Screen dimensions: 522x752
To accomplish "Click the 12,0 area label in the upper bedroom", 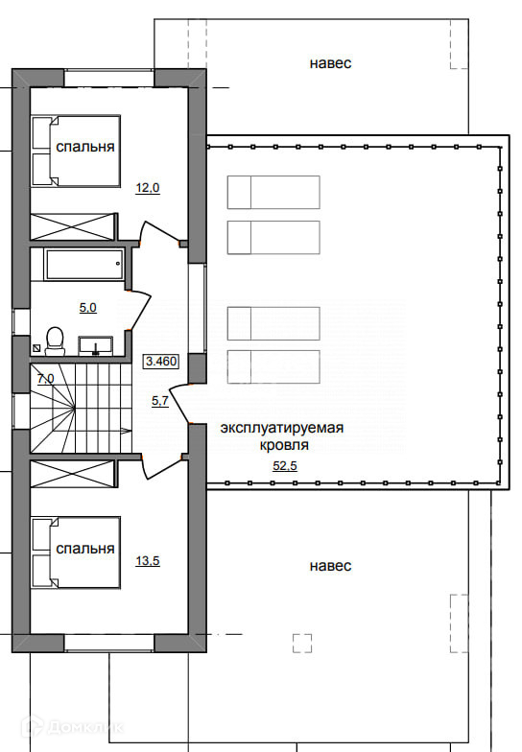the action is (148, 188).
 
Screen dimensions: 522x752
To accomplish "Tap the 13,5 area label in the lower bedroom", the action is (148, 560).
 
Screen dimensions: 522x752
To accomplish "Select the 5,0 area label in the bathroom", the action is (88, 307).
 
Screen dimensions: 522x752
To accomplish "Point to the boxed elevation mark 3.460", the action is (161, 361).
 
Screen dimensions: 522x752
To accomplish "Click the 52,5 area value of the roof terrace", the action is (285, 465).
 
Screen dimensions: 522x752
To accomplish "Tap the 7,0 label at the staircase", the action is (46, 379).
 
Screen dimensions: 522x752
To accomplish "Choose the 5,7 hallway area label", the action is (160, 401).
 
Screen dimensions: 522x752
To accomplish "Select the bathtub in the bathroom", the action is (84, 265).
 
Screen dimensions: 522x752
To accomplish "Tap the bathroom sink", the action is (96, 345).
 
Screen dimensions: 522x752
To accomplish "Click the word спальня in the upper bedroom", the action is (85, 147).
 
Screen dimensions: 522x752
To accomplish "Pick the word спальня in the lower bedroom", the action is (85, 549).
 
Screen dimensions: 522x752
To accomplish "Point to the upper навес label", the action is (330, 63).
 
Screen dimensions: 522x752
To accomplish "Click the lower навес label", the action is (330, 566).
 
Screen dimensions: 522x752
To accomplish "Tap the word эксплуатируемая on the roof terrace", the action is (282, 428).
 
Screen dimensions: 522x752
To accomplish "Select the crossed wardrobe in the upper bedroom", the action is (73, 226).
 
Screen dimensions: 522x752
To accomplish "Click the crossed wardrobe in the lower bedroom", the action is (73, 474).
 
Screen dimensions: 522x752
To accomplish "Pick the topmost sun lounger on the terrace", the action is (273, 192).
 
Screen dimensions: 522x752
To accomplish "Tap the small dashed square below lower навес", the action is (302, 643).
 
